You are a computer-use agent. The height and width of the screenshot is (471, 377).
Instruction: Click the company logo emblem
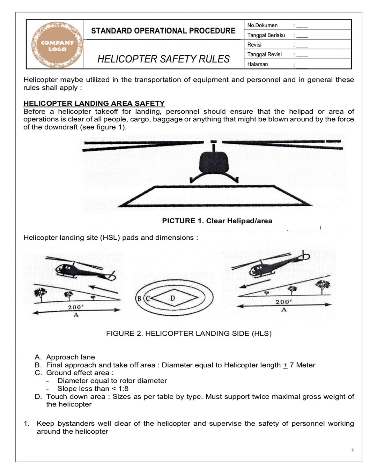click(x=57, y=45)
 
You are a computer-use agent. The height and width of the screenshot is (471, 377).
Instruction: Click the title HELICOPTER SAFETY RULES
click(x=163, y=59)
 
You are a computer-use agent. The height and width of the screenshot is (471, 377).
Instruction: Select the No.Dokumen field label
click(x=263, y=25)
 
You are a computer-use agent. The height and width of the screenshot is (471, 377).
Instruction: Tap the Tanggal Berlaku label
click(x=266, y=35)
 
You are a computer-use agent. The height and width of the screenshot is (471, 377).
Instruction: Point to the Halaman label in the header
click(x=258, y=64)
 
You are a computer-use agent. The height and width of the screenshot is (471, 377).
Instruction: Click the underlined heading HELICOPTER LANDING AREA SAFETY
click(x=94, y=104)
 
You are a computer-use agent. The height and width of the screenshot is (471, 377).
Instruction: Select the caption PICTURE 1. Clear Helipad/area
click(x=217, y=221)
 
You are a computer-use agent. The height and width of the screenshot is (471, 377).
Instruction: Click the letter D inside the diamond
click(x=172, y=298)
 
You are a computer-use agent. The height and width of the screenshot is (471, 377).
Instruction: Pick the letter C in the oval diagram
click(x=147, y=299)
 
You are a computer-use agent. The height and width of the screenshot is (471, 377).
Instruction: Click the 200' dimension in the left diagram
click(x=75, y=307)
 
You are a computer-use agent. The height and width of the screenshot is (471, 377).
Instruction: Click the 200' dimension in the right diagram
click(x=283, y=302)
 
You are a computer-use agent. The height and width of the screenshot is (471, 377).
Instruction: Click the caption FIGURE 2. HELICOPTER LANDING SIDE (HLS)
click(x=188, y=334)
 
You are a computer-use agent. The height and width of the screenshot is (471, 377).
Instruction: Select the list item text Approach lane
click(x=71, y=357)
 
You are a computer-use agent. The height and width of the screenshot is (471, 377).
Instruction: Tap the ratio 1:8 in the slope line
click(x=123, y=389)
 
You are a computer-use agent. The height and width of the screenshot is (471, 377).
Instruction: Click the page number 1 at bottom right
click(x=353, y=450)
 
